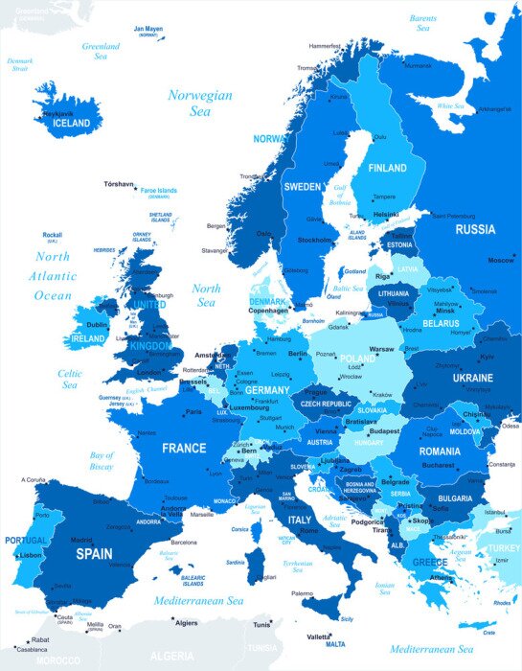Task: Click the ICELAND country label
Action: click(x=73, y=124)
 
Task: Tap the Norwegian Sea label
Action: click(x=199, y=103)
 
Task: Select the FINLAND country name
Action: click(x=387, y=168)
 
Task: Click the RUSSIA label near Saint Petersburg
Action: click(x=475, y=229)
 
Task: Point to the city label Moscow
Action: click(x=500, y=261)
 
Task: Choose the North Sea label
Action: click(x=206, y=294)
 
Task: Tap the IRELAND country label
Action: click(x=88, y=338)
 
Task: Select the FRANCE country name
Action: click(x=184, y=448)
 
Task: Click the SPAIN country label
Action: click(x=94, y=553)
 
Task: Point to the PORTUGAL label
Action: click(x=25, y=541)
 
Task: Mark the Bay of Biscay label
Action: click(x=102, y=461)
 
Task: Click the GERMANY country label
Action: click(x=266, y=390)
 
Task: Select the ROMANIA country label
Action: click(x=439, y=451)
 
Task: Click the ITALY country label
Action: click(x=300, y=520)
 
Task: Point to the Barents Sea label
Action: click(x=422, y=23)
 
